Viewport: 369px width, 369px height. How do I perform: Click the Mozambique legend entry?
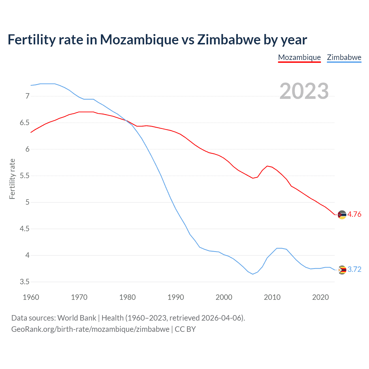(x=299, y=57)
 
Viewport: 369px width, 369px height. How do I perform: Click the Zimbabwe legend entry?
(x=344, y=57)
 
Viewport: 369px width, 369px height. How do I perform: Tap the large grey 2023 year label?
(x=304, y=91)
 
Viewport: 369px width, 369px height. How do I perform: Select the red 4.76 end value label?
(x=354, y=214)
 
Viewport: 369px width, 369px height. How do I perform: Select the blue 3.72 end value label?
(x=354, y=269)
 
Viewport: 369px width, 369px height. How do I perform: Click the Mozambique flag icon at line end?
(x=342, y=215)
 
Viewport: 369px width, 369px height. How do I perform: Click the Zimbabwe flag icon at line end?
(x=342, y=270)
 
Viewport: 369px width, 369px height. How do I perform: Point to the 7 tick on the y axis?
(x=27, y=96)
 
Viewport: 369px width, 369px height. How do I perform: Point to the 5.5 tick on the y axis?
(x=25, y=176)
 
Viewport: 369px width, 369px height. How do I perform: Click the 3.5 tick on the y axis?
(x=25, y=282)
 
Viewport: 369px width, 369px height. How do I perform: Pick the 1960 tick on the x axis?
(x=31, y=297)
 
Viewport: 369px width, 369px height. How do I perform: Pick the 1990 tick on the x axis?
(x=176, y=297)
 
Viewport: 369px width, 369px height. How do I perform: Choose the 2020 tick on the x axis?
(x=320, y=297)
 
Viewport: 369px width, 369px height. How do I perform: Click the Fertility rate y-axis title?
(x=12, y=179)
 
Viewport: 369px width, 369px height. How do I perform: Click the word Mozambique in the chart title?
(x=139, y=40)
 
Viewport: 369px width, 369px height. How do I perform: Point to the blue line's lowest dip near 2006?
(x=253, y=274)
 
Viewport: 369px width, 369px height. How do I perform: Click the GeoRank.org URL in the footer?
(x=90, y=329)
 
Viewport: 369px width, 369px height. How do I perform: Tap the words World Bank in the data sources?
(x=77, y=318)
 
